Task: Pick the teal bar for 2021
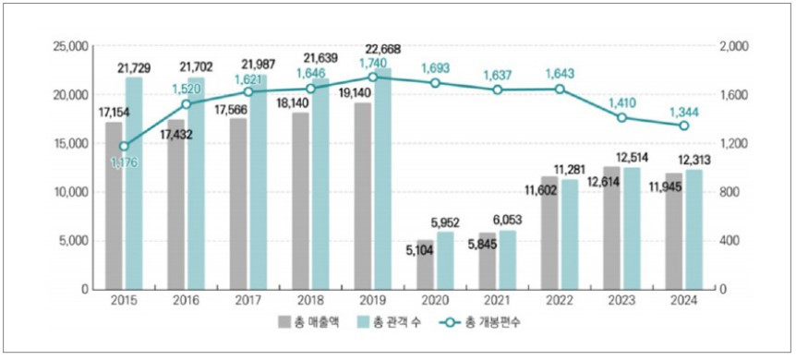click(x=508, y=259)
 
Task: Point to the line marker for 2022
click(x=560, y=90)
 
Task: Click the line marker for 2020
click(x=435, y=83)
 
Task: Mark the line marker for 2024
click(x=684, y=126)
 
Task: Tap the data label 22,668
click(x=382, y=49)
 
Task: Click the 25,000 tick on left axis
click(x=69, y=46)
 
